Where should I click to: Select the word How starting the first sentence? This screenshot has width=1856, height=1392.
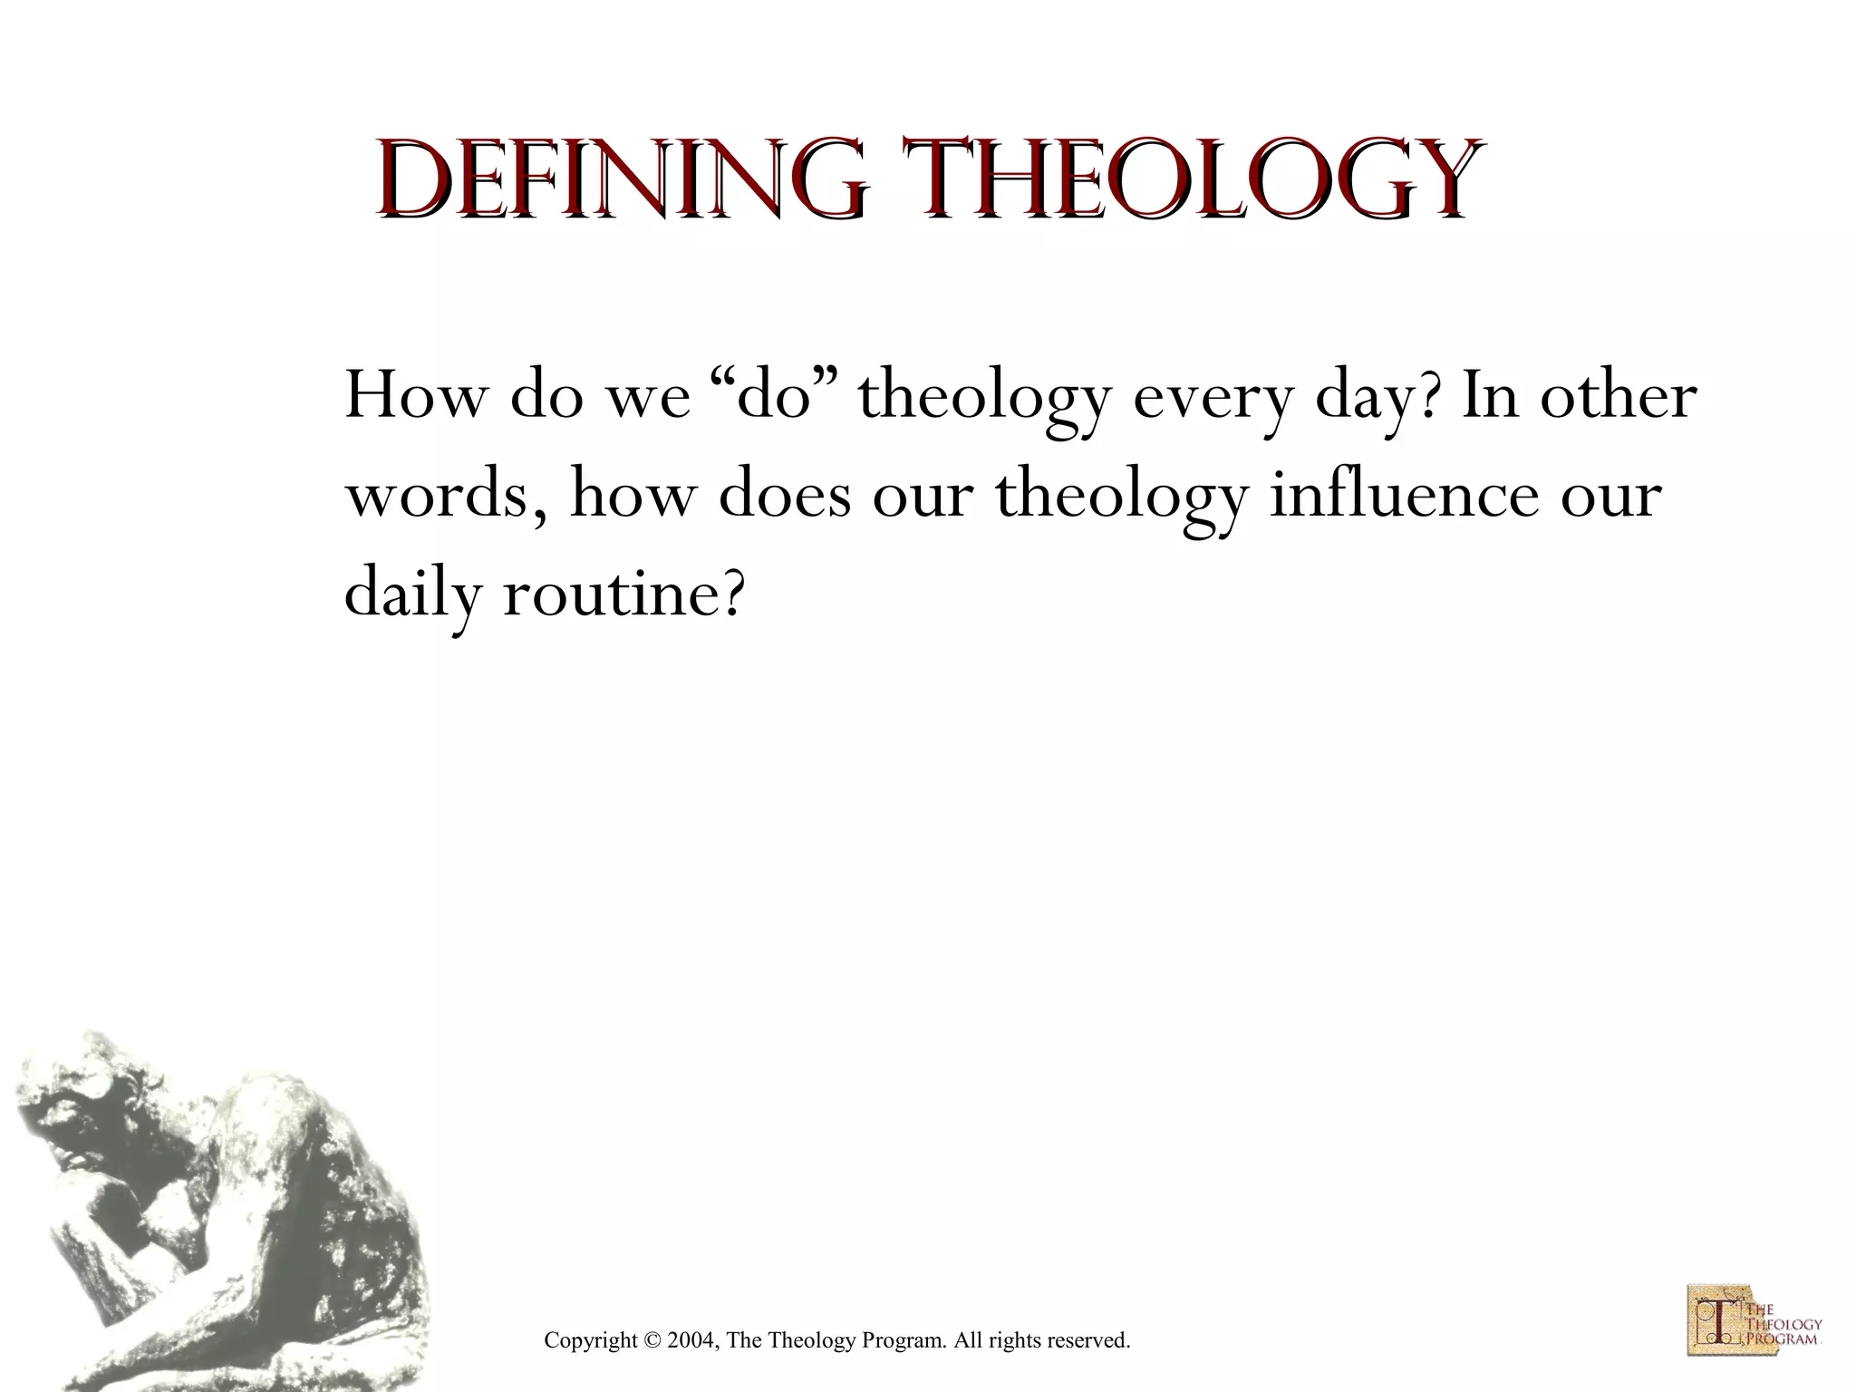pyautogui.click(x=413, y=396)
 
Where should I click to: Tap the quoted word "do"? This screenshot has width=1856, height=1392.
pyautogui.click(x=773, y=396)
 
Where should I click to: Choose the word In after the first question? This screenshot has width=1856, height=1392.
pyautogui.click(x=1490, y=396)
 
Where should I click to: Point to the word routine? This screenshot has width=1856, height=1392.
pyautogui.click(x=623, y=595)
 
